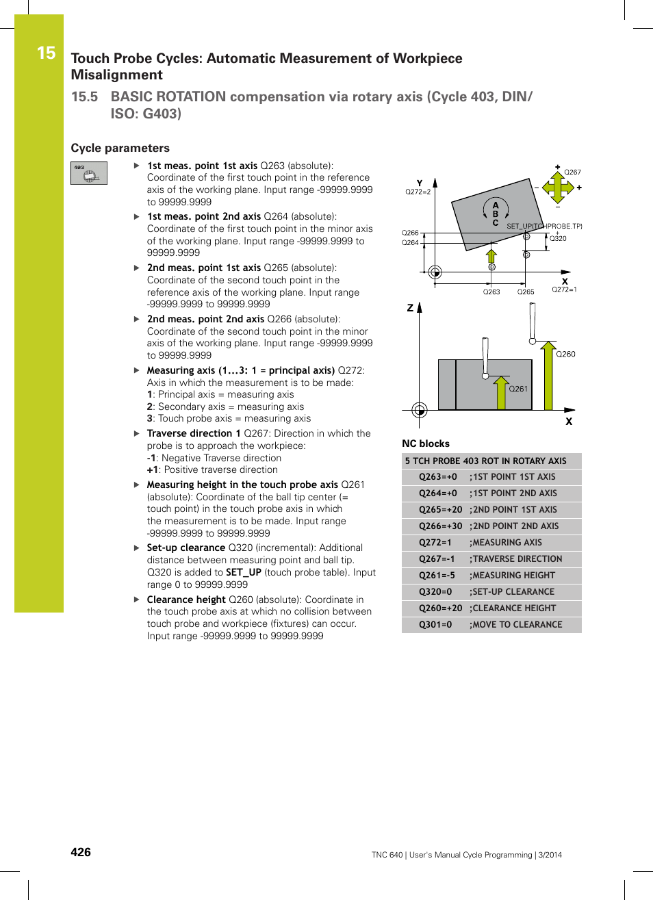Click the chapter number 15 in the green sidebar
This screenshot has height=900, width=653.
(x=46, y=53)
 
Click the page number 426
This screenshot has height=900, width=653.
(x=81, y=852)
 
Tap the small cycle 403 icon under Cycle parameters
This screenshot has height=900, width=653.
(x=89, y=173)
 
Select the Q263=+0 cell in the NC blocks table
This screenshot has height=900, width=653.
(x=438, y=477)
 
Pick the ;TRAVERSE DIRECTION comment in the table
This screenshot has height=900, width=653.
(x=515, y=559)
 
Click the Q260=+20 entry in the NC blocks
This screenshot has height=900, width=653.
(x=440, y=608)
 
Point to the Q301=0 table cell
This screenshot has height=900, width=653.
(x=435, y=625)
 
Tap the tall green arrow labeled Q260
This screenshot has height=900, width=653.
(x=548, y=376)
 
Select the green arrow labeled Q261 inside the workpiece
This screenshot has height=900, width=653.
(x=501, y=393)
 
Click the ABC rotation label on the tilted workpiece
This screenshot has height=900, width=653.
(x=496, y=214)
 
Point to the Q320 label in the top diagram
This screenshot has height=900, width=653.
(x=558, y=238)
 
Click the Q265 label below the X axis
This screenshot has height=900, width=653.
(x=526, y=292)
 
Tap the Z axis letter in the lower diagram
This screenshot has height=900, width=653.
(x=410, y=308)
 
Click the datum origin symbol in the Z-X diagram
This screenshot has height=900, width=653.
(x=420, y=410)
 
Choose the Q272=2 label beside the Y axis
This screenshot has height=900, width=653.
(x=418, y=192)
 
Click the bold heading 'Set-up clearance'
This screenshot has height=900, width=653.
(x=185, y=548)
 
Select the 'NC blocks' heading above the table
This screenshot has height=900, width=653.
(x=426, y=443)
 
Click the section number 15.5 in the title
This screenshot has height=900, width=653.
(x=84, y=97)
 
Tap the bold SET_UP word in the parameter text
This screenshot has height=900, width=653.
(x=244, y=572)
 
